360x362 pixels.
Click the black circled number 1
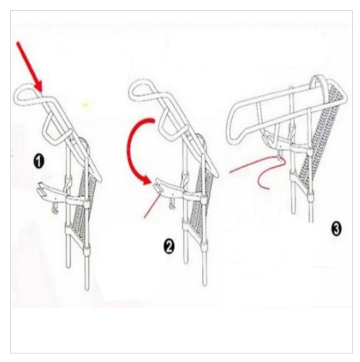coord(39,161)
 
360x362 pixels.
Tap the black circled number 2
coord(169,246)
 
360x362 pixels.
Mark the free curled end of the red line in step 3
coord(268,189)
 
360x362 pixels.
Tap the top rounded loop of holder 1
coord(25,96)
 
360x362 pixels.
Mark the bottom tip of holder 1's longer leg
coord(87,289)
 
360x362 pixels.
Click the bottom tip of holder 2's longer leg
coord(204,284)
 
